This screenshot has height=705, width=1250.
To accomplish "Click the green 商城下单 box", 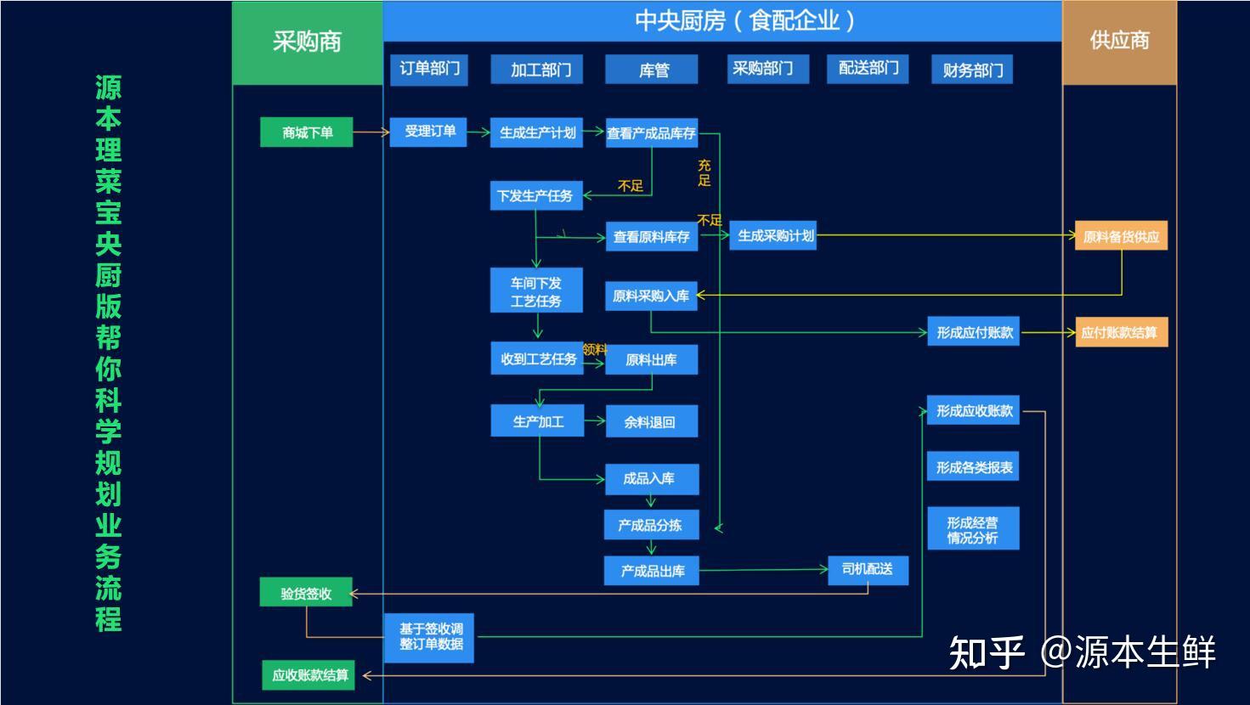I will [x=306, y=133].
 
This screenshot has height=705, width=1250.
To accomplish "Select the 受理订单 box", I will [x=428, y=132].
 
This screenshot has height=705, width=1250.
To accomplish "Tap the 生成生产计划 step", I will [x=536, y=133].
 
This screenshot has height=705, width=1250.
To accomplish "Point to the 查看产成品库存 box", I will [x=652, y=133].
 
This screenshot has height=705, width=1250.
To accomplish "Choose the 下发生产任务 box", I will [x=535, y=196].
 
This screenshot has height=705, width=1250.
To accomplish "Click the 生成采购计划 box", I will [x=772, y=236].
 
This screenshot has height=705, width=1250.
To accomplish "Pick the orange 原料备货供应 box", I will [x=1121, y=236].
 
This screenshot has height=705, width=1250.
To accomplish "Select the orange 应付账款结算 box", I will [x=1121, y=332].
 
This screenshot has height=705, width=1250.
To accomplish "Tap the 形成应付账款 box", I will [x=974, y=332].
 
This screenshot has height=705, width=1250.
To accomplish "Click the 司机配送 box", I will [x=868, y=569].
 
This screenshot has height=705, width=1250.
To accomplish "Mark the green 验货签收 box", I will [x=306, y=593].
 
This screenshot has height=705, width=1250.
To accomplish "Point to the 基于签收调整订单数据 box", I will [x=429, y=637].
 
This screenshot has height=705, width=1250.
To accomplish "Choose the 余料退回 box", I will [x=651, y=421].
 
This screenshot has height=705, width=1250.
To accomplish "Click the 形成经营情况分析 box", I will [x=973, y=529].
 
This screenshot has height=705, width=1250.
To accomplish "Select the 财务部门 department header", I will [x=972, y=70].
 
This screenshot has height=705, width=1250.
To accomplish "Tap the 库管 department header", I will [x=652, y=70].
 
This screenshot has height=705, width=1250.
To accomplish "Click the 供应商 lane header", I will [x=1119, y=42].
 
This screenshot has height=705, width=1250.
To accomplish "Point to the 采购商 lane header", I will [x=307, y=42].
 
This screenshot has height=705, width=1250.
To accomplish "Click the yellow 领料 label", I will [x=595, y=348].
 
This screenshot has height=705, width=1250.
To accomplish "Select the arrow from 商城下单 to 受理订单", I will [x=370, y=132].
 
